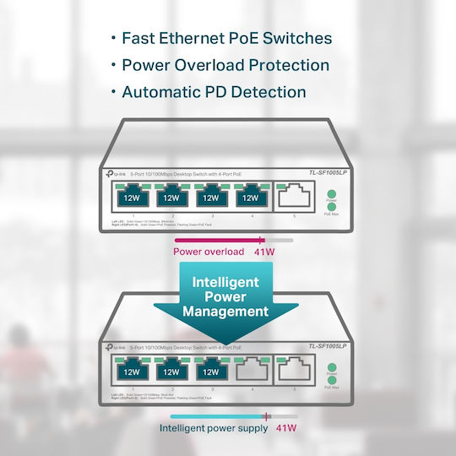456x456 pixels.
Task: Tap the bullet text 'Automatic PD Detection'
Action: pyautogui.click(x=214, y=92)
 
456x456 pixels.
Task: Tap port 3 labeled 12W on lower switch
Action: pyautogui.click(x=210, y=370)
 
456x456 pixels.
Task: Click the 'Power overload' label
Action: pyautogui.click(x=209, y=252)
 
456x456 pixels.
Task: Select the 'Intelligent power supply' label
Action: pyautogui.click(x=214, y=428)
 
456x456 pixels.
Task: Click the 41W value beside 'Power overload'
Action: pyautogui.click(x=264, y=252)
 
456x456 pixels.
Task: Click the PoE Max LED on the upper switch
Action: pyautogui.click(x=331, y=207)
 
